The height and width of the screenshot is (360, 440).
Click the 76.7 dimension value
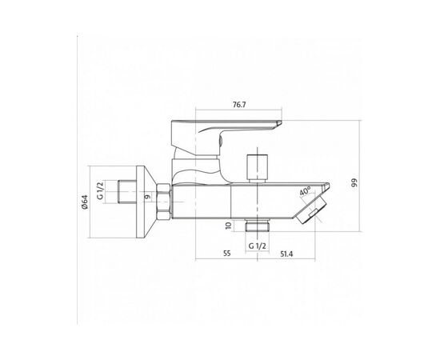coord(239,105)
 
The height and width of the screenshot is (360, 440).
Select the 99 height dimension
coord(355,182)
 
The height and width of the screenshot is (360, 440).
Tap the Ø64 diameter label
coord(85,202)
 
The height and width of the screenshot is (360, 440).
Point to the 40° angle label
coord(305,191)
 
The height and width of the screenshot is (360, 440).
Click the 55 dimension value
coord(226,254)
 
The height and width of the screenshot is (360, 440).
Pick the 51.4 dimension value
coord(286,254)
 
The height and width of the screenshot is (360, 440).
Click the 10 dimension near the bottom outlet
coord(229,226)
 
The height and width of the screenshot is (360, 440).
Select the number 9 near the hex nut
coord(148,197)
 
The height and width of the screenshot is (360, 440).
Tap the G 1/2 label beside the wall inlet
coord(100,190)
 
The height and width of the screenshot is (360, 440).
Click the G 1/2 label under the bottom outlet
coord(257,246)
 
